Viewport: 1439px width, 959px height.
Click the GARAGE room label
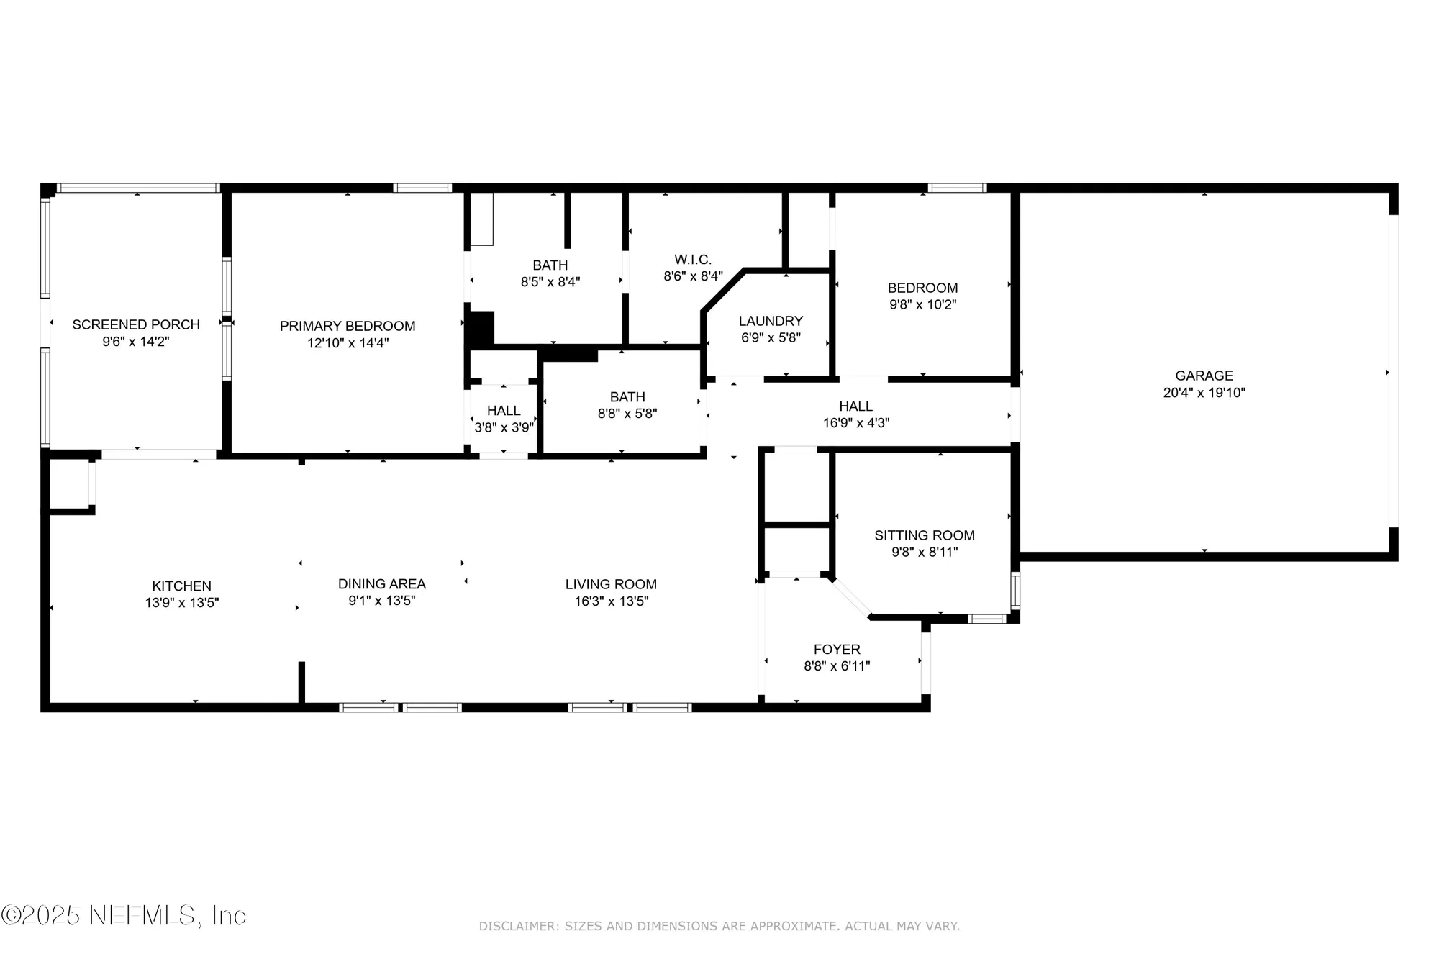(1204, 376)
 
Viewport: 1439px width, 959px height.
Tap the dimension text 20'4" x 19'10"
(1204, 393)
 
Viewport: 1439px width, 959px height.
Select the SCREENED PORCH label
(136, 325)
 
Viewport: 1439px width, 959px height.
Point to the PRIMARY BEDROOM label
(348, 327)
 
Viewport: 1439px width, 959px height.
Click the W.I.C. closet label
(693, 260)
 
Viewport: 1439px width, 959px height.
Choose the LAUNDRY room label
(771, 321)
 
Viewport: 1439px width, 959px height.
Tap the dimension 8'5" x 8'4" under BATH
(550, 282)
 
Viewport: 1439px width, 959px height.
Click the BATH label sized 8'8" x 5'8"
(627, 397)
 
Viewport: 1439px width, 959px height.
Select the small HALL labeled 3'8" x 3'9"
(504, 411)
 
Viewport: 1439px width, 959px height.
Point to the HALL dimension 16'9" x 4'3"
(856, 423)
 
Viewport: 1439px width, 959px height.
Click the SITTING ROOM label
(925, 535)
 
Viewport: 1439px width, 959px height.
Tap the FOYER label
(837, 650)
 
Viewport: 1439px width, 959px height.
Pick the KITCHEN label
(181, 586)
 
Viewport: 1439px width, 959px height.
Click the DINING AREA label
(382, 584)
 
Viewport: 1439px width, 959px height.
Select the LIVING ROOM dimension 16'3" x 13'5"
(611, 601)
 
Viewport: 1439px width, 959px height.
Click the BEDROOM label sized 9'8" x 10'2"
(922, 288)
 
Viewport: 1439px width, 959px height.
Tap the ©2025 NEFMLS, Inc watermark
(124, 915)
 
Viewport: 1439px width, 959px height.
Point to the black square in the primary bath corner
(481, 329)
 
